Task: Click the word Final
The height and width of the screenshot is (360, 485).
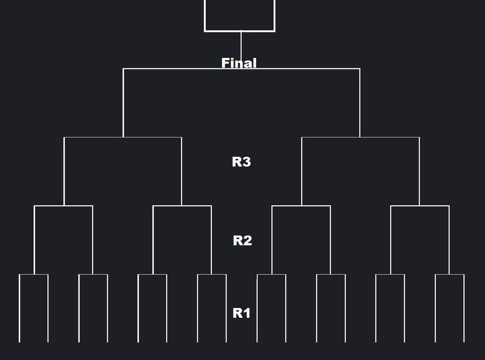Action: click(239, 63)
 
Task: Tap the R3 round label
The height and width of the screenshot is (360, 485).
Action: click(241, 162)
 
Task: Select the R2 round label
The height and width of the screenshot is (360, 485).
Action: click(242, 240)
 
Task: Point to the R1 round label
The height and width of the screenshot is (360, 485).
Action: click(241, 313)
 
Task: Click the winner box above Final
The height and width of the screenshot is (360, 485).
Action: click(239, 15)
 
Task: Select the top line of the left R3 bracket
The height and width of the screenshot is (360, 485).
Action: click(123, 137)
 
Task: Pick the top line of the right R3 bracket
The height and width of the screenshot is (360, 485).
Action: click(360, 137)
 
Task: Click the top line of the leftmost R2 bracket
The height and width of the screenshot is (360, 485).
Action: click(63, 206)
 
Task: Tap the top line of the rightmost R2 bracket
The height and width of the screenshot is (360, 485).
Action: click(420, 206)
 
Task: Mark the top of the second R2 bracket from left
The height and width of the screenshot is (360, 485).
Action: click(182, 206)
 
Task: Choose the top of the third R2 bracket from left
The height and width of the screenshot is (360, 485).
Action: click(301, 206)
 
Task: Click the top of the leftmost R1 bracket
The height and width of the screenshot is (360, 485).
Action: click(34, 274)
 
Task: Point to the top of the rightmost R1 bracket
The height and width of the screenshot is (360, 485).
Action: click(449, 274)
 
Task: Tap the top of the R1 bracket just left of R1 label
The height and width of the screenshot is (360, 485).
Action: click(212, 274)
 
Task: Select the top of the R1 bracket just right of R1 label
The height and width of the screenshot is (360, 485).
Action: click(271, 274)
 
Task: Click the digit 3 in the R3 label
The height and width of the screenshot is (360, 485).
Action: click(246, 162)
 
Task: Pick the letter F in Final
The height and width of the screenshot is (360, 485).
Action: click(225, 63)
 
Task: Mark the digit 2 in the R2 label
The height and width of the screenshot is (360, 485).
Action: click(247, 240)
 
